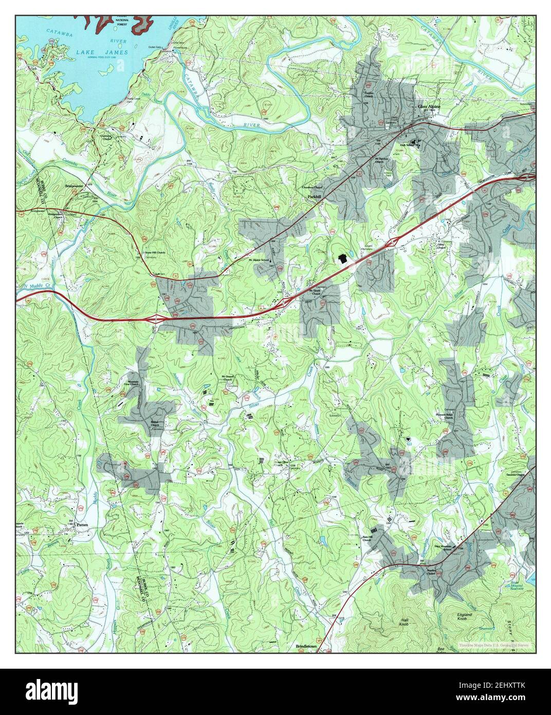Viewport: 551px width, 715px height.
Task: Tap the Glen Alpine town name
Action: (430, 107)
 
